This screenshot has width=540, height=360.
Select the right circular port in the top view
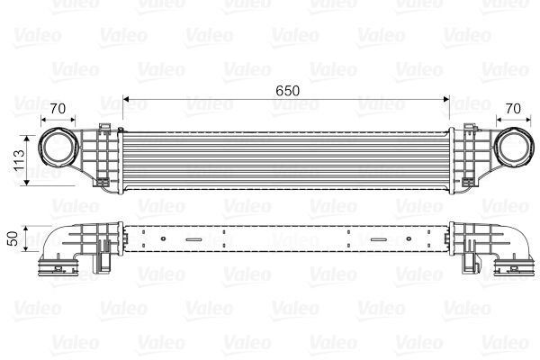(513, 148)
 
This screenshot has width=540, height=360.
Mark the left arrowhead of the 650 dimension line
(126, 99)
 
